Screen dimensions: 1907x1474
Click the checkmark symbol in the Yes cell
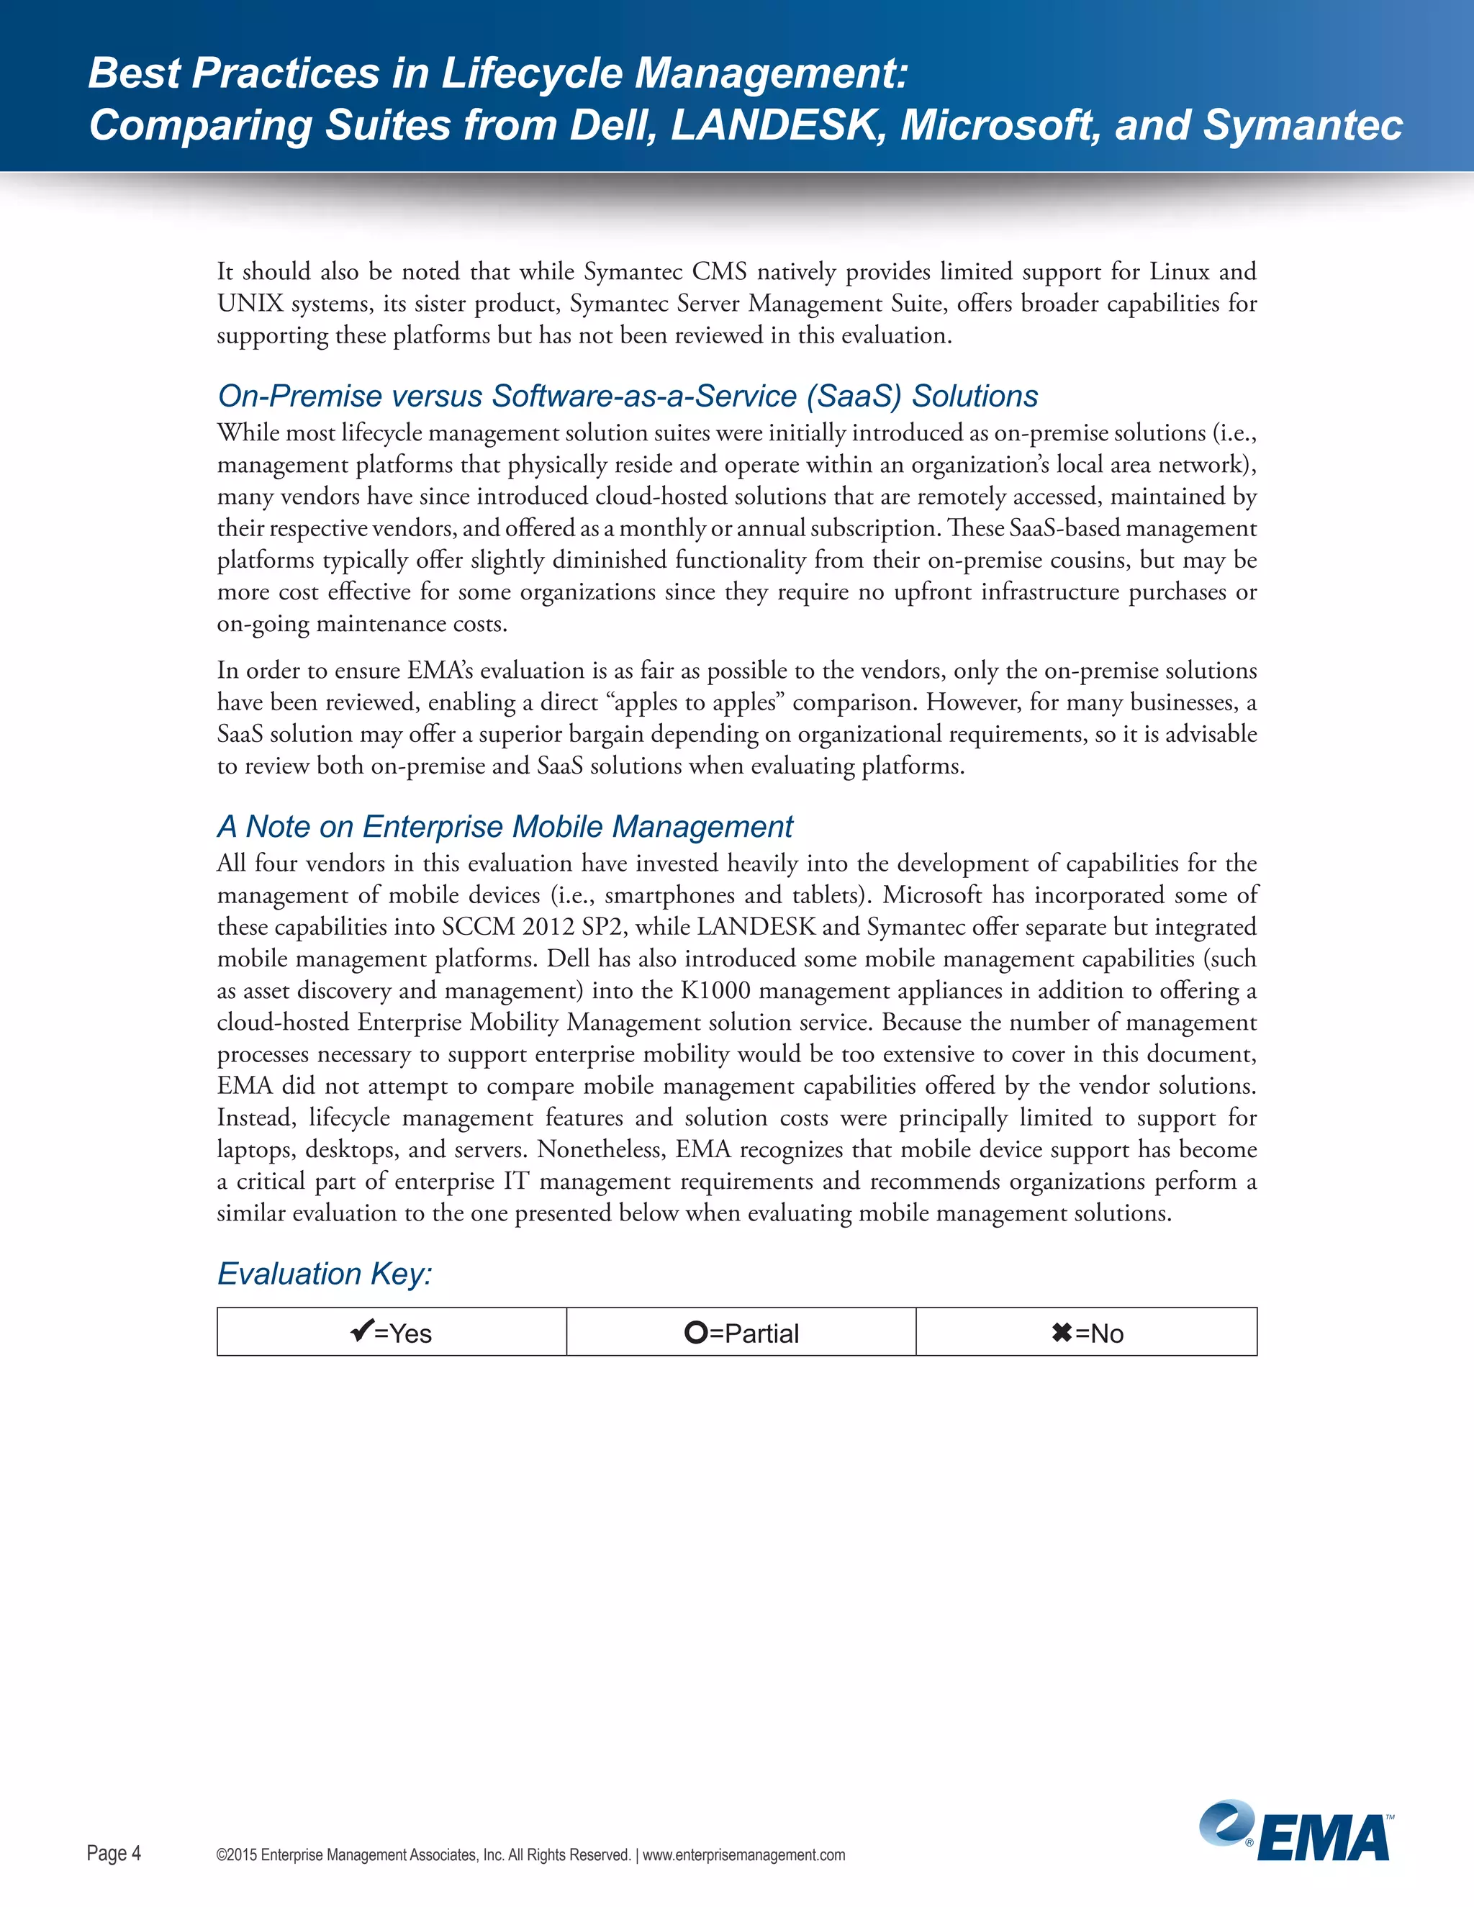[x=361, y=1331]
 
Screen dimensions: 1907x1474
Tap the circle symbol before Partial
[x=695, y=1333]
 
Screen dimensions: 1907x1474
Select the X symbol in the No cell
[x=1061, y=1333]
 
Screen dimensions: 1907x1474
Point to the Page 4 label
[x=114, y=1853]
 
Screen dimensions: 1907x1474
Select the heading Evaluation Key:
[x=324, y=1273]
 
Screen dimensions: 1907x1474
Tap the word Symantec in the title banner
[x=1302, y=125]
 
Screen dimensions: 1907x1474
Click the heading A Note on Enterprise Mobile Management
[x=505, y=826]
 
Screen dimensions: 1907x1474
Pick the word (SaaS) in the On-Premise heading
[x=853, y=397]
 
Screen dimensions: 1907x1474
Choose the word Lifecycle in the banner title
[x=531, y=73]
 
